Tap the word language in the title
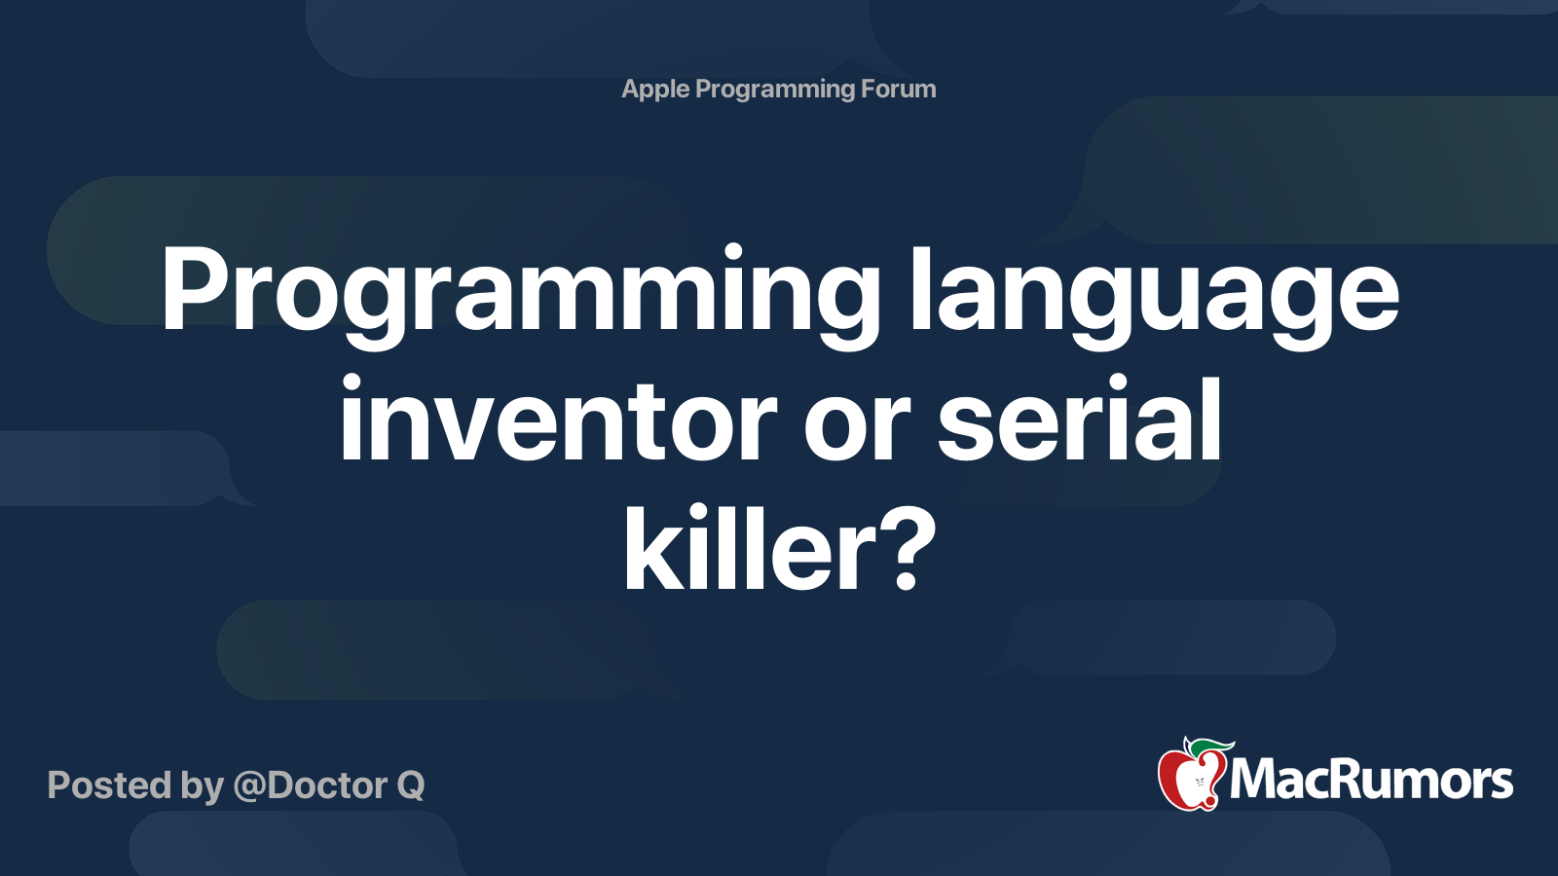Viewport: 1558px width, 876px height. [1154, 292]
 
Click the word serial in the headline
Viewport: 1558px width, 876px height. [1079, 420]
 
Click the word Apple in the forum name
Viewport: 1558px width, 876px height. [655, 90]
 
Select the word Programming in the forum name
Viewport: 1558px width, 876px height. [775, 90]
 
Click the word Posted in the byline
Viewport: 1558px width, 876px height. [108, 785]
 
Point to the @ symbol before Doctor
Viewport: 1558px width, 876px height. [248, 786]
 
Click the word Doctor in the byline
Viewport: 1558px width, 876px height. [327, 785]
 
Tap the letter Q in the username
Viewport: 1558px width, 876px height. [410, 786]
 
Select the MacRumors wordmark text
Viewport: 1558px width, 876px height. [1371, 781]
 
